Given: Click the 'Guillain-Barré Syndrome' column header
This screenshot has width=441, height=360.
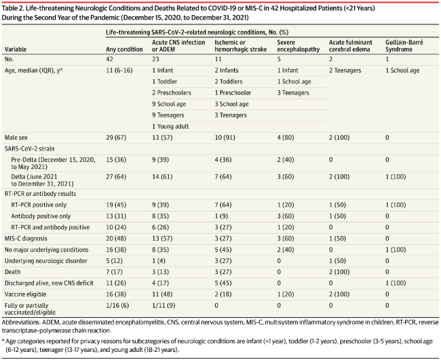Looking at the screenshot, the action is [404, 46].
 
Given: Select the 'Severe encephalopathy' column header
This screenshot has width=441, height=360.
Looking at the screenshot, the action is [299, 46].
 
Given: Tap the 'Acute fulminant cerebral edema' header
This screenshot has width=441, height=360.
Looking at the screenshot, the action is [351, 46].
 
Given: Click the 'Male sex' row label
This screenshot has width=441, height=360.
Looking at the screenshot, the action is [16, 138].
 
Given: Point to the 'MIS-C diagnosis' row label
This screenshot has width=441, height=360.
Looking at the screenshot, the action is [26, 239].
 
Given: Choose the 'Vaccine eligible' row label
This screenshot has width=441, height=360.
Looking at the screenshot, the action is [25, 294].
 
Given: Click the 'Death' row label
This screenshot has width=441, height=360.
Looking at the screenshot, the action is [12, 272].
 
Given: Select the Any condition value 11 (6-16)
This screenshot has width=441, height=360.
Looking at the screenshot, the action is [119, 71].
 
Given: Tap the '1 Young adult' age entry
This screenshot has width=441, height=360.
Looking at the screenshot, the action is [170, 127].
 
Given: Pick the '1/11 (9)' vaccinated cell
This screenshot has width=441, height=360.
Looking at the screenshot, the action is [164, 306].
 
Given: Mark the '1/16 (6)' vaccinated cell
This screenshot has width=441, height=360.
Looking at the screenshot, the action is [117, 306].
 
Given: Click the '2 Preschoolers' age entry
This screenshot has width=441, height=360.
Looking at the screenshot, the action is [172, 93].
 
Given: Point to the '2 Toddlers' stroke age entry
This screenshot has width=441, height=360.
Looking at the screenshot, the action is [229, 81].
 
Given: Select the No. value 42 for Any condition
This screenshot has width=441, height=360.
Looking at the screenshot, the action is [109, 59].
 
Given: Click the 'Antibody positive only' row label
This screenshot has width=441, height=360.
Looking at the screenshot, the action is [41, 216].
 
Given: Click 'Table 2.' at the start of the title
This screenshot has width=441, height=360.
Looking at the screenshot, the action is [13, 8].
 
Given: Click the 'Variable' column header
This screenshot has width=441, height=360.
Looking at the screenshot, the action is [16, 49].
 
